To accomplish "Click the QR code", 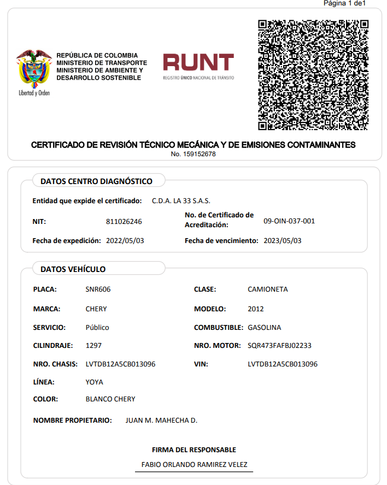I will [313, 75].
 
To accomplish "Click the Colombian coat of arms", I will [34, 71].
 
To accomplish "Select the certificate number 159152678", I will [193, 154].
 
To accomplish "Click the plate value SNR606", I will [98, 289].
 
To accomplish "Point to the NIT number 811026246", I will [124, 221].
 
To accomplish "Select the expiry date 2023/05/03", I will [282, 240].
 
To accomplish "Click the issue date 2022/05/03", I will [125, 240].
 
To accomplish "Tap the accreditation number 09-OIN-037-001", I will [289, 221].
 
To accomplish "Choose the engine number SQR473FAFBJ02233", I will [279, 346].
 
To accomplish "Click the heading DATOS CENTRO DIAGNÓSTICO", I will [96, 181].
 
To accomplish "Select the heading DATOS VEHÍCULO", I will [73, 269].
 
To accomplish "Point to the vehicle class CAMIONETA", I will [267, 289].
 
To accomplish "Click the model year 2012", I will [255, 309].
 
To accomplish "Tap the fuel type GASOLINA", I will [264, 328].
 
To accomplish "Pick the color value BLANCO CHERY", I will [110, 399].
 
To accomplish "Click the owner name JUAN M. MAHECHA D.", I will [161, 421].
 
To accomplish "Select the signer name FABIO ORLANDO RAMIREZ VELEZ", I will [194, 465].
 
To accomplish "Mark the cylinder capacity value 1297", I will [93, 346].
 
